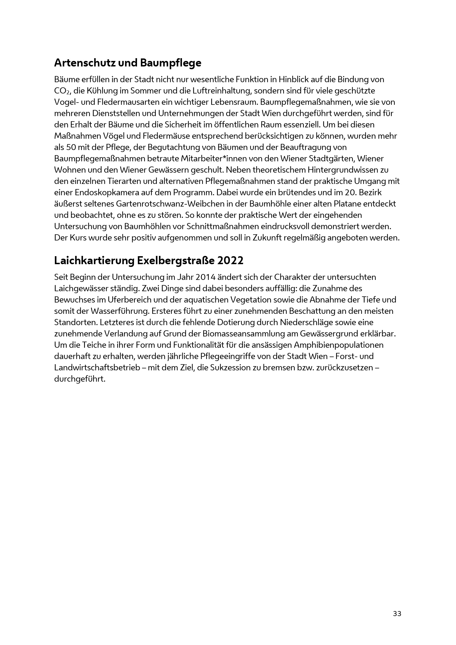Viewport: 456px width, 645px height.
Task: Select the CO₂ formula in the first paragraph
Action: pyautogui.click(x=61, y=91)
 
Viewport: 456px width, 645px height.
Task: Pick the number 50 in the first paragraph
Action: pyautogui.click(x=71, y=148)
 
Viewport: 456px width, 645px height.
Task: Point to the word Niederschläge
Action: pyautogui.click(x=307, y=323)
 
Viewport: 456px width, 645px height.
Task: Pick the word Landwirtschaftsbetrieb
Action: pyautogui.click(x=97, y=368)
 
